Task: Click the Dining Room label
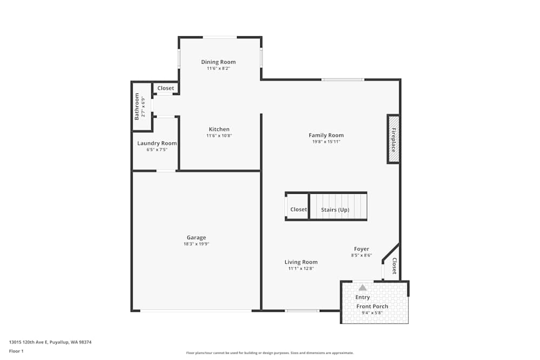tap(218, 62)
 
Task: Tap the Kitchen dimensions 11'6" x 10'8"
tap(219, 136)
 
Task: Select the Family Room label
tap(326, 135)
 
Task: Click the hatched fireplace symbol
tap(393, 139)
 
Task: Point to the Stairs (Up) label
tap(335, 209)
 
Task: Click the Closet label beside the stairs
tap(299, 209)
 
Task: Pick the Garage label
tap(196, 237)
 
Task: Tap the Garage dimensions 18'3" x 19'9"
tap(196, 244)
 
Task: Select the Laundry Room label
tap(157, 143)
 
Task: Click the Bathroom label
tap(137, 106)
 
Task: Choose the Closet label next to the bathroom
tap(166, 88)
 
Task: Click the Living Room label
tap(301, 262)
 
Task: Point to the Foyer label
tap(361, 249)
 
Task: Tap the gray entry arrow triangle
tap(362, 288)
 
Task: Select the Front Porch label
tap(372, 307)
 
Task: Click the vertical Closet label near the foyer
tap(394, 266)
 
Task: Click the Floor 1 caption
tap(16, 351)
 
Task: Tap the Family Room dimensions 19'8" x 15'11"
tap(326, 141)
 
